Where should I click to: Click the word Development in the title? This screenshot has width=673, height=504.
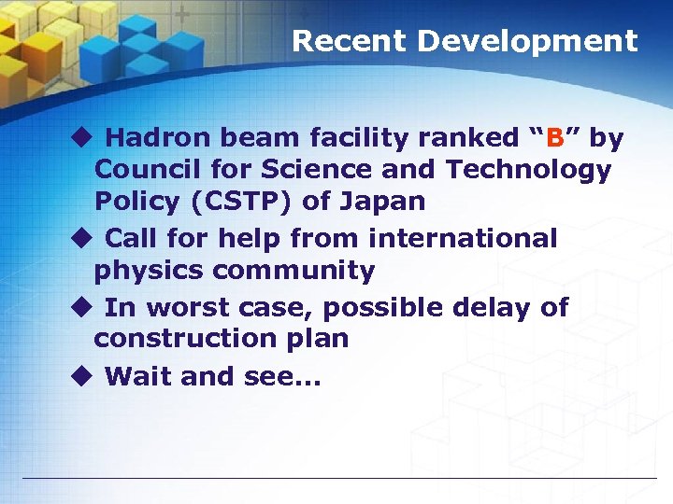click(527, 41)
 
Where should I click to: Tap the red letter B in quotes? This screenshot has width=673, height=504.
click(555, 139)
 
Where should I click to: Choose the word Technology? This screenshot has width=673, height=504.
click(528, 170)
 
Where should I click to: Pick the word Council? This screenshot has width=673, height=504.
click(145, 170)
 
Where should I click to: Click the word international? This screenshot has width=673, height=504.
click(463, 239)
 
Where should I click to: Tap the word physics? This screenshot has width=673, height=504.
click(150, 271)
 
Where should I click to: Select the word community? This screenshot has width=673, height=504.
click(294, 271)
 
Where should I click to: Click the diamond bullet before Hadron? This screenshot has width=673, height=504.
click(80, 139)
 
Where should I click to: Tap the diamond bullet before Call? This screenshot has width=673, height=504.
click(80, 239)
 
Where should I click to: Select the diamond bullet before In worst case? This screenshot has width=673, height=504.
click(80, 307)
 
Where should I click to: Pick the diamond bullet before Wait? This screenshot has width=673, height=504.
click(80, 376)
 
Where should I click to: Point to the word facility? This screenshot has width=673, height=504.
click(355, 139)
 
